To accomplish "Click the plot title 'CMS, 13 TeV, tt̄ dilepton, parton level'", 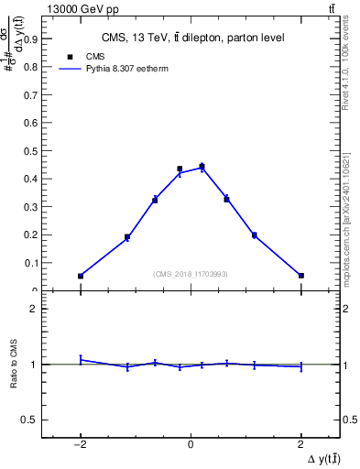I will click(x=191, y=38).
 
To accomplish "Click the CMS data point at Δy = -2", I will click(x=81, y=276).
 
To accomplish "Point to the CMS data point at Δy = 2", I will click(x=300, y=275).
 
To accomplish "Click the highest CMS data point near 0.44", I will click(x=202, y=167).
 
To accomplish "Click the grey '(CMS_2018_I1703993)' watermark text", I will click(x=191, y=274).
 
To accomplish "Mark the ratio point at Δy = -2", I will click(x=81, y=359).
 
